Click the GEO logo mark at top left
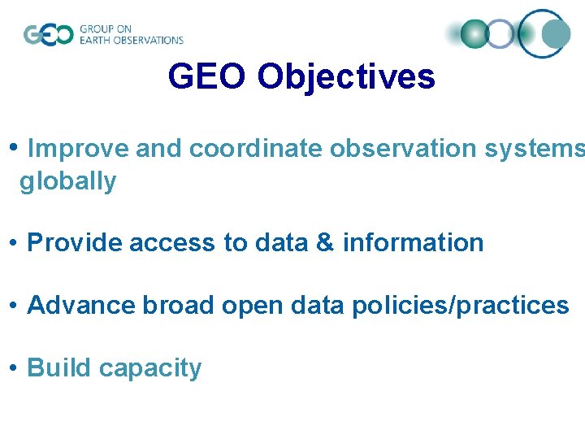tap(48, 34)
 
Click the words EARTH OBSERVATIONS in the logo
tap(132, 40)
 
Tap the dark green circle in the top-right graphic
tap(474, 34)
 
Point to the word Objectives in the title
tap(346, 77)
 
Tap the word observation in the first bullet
tap(398, 149)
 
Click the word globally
tap(68, 181)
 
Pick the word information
tap(413, 243)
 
